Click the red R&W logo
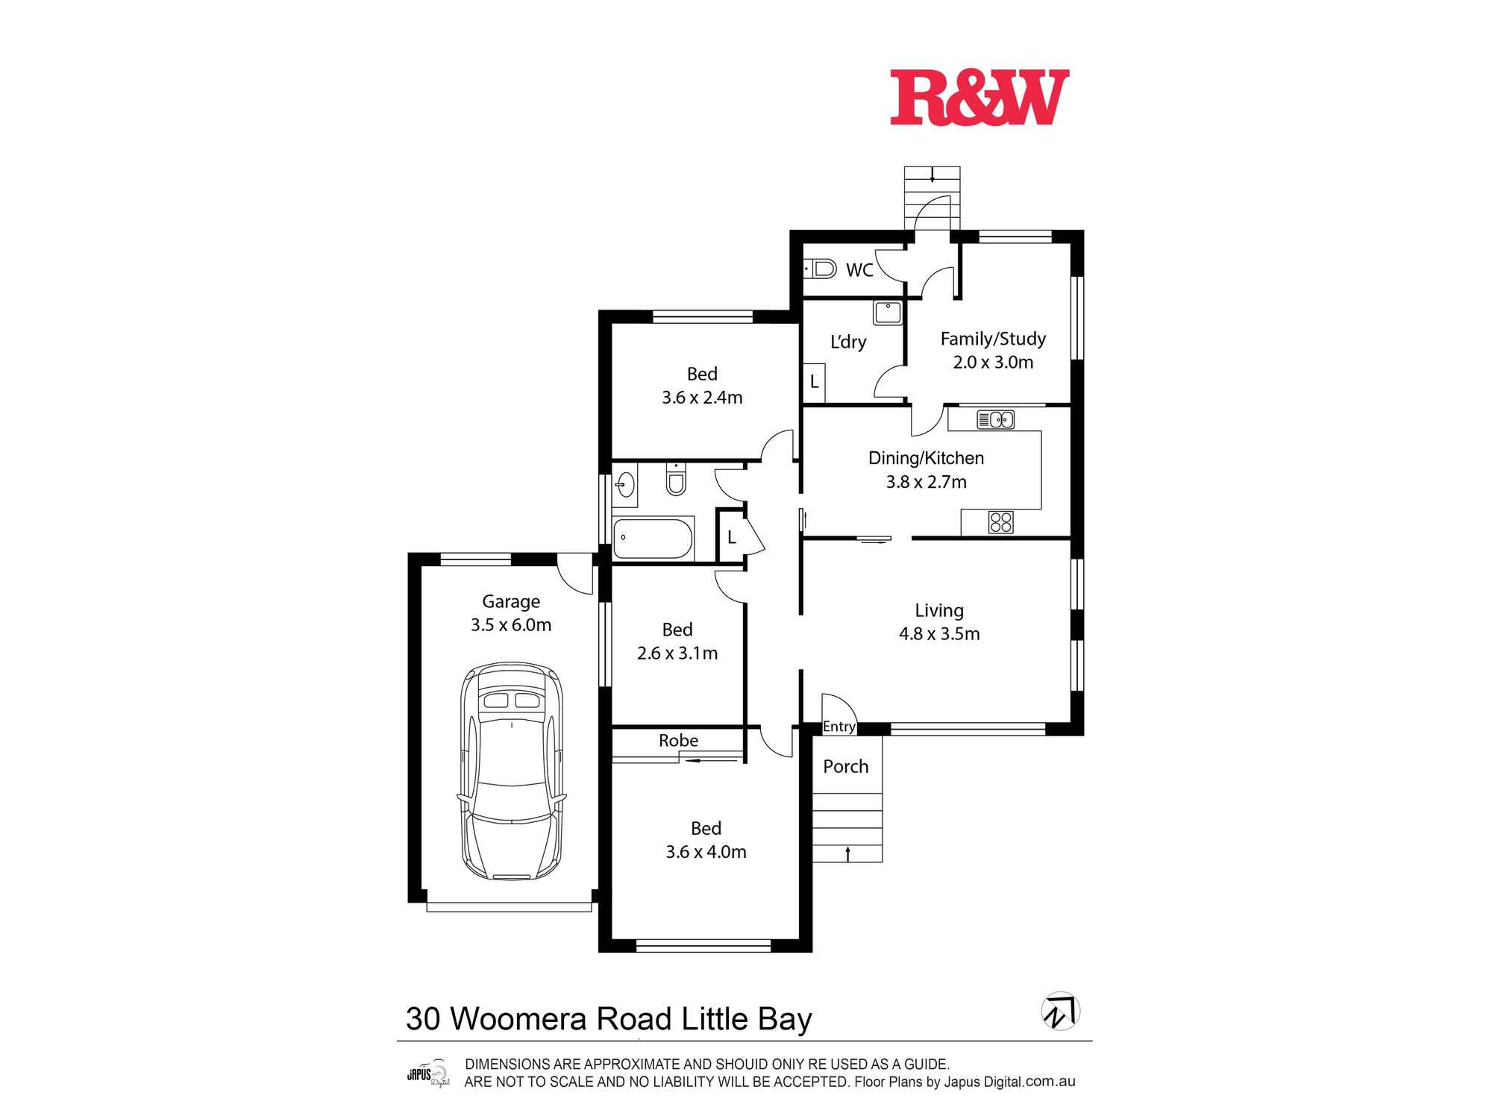coord(979,98)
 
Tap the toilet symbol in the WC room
coord(821,268)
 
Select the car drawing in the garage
coord(512,771)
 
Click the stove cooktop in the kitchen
coord(1000,521)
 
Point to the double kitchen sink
coord(995,420)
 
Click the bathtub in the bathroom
coord(653,538)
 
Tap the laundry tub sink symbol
coord(888,313)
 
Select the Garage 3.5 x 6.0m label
coord(511,613)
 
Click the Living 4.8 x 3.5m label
coord(939,622)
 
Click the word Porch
coord(845,767)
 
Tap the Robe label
coord(678,741)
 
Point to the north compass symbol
coord(1060,1012)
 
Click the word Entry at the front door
coord(839,727)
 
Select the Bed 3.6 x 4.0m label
coord(706,840)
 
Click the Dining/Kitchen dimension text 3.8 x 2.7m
coord(926,482)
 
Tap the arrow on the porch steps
coord(847,853)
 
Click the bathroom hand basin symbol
coord(624,485)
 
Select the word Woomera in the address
coord(519,1019)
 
